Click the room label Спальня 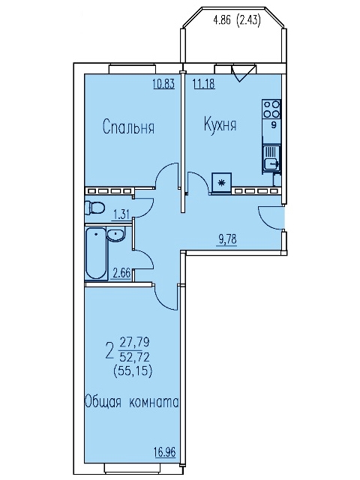(128, 127)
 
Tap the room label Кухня (220, 125)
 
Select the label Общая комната (131, 402)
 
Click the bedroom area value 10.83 (163, 83)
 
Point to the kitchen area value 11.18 (204, 83)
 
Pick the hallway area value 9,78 (228, 240)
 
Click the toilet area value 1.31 (121, 215)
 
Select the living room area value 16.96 (165, 453)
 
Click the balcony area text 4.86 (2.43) (237, 21)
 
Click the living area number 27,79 (134, 342)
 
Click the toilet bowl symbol (95, 208)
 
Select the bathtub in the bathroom (96, 253)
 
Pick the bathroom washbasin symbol (115, 235)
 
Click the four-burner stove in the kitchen (271, 109)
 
